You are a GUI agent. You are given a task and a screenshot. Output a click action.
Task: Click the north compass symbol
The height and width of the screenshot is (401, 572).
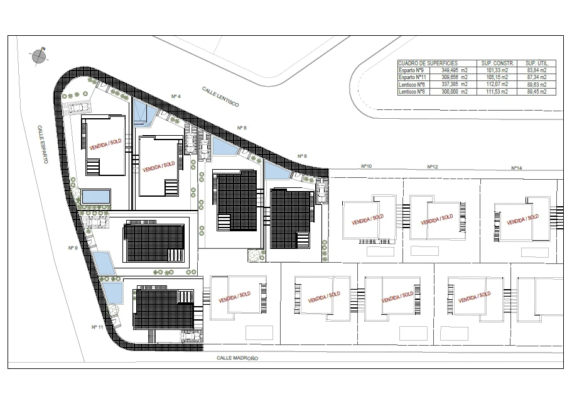tap(38, 56)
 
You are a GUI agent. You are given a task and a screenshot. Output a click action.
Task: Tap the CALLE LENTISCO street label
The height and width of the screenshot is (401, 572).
tap(221, 97)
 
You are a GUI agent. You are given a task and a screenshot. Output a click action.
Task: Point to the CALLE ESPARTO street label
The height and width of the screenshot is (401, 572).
tap(43, 145)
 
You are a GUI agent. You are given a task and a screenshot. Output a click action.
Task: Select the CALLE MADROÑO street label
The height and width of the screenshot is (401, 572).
tap(237, 358)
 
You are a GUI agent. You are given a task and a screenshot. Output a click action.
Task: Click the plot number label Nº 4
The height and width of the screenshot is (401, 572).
tap(176, 96)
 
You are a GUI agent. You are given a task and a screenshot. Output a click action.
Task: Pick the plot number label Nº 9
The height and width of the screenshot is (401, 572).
tap(73, 248)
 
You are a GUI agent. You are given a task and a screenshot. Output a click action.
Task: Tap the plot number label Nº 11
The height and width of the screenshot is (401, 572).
tap(97, 327)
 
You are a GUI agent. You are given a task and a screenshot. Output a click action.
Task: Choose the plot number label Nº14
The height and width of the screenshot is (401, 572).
tap(517, 168)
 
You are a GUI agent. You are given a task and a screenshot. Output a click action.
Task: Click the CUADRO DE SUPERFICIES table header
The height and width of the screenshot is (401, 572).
tap(428, 63)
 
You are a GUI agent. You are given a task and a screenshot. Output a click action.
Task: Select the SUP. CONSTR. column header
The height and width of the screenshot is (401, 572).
tap(497, 63)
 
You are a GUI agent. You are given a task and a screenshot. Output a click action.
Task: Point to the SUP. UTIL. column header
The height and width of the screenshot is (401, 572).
tap(537, 63)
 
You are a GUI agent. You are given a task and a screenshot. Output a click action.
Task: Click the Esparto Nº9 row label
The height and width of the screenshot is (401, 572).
tap(411, 70)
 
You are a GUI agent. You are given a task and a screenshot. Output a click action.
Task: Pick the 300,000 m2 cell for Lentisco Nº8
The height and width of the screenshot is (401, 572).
tap(455, 92)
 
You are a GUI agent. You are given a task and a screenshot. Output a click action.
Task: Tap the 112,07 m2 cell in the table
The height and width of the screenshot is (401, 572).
tap(497, 84)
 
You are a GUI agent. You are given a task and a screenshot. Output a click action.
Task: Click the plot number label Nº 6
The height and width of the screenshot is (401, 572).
tap(242, 128)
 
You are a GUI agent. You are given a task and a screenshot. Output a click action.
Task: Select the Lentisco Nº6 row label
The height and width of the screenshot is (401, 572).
tap(412, 84)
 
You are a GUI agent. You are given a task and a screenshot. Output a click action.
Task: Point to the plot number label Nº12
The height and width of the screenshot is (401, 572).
tap(433, 167)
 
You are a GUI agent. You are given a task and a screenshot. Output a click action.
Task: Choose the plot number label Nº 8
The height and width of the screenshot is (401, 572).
tap(302, 157)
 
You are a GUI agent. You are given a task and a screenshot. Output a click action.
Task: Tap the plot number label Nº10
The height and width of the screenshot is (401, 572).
tap(367, 166)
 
